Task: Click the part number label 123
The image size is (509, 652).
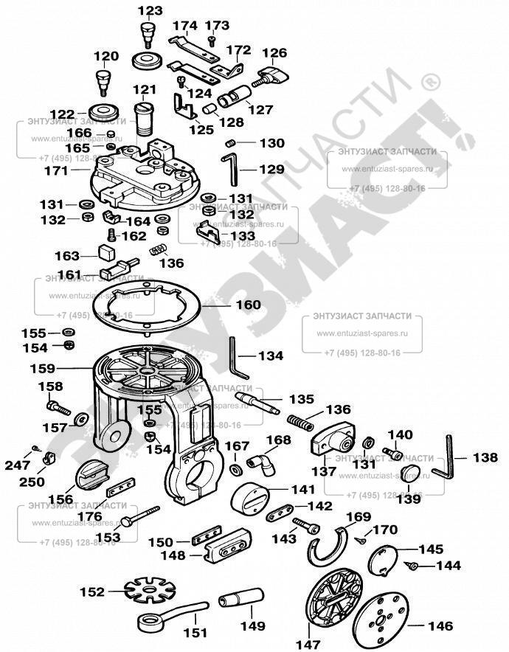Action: coord(150,11)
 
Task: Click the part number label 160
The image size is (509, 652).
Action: coord(248,305)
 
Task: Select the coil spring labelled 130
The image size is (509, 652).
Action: coord(230,142)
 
